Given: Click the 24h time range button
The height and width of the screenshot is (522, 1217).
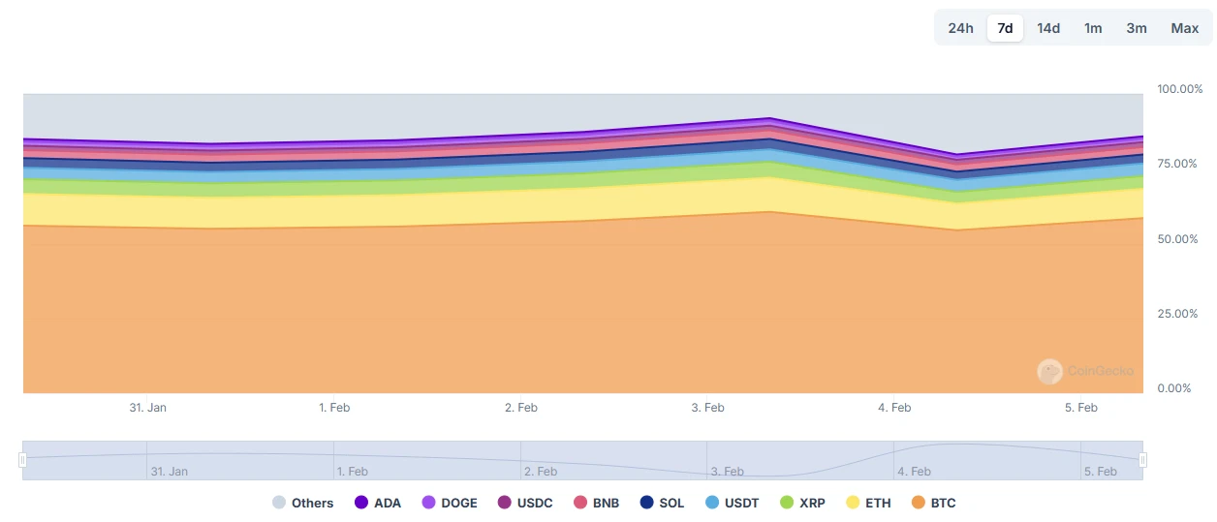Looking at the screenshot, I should (960, 28).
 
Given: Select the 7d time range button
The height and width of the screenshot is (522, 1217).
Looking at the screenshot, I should (1005, 28).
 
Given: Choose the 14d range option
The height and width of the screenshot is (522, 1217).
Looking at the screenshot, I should (1048, 28).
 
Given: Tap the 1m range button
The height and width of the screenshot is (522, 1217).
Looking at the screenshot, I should (1093, 28).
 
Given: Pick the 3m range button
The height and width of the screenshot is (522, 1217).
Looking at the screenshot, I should (1137, 28).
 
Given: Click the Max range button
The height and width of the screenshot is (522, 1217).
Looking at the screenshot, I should (1184, 28).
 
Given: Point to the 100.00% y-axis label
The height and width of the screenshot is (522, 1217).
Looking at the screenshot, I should (1178, 89).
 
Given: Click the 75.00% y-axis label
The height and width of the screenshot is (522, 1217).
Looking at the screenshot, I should (1178, 164).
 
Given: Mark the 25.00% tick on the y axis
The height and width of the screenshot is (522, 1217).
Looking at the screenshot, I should (1178, 314).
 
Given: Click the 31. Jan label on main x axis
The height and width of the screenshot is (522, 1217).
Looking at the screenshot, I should (147, 408).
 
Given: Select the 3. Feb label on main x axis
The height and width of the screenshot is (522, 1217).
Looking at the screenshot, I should (707, 408).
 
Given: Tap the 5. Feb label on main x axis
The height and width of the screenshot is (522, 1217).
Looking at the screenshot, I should (1080, 408).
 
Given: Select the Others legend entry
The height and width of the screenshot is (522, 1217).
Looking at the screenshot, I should (302, 503).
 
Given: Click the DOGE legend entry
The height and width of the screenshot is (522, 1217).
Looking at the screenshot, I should (450, 503).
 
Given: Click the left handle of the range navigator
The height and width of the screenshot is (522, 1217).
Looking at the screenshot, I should (23, 461).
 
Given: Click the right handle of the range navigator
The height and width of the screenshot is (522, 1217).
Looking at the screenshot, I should (1143, 461).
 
